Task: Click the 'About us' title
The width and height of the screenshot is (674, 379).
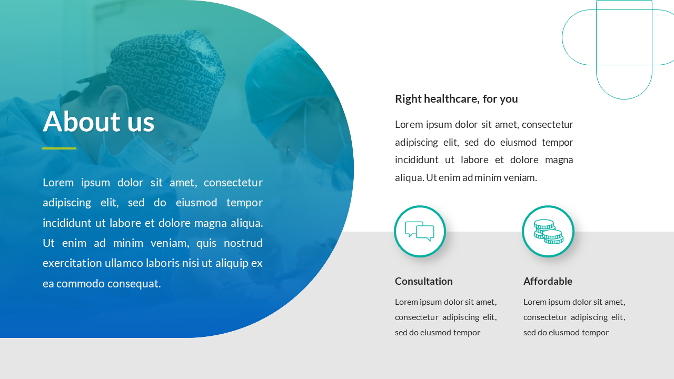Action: click(x=98, y=122)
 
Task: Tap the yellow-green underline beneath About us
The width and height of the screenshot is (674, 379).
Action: click(x=59, y=148)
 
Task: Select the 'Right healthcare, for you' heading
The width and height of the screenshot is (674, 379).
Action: click(x=456, y=99)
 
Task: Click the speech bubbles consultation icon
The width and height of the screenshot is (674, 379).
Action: click(x=420, y=231)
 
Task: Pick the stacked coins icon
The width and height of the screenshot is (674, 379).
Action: click(x=548, y=231)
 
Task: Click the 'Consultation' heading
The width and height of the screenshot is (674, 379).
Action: click(x=423, y=281)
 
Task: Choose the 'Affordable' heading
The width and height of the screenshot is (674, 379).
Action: click(x=548, y=281)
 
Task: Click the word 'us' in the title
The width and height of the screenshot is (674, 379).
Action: click(x=141, y=122)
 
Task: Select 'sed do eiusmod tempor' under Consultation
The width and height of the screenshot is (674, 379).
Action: click(x=437, y=333)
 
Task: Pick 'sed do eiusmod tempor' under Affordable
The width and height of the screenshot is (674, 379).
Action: click(x=566, y=333)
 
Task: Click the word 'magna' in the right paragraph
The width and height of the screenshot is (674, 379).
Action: click(x=559, y=160)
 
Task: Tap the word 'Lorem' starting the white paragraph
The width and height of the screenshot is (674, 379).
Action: click(x=57, y=183)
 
